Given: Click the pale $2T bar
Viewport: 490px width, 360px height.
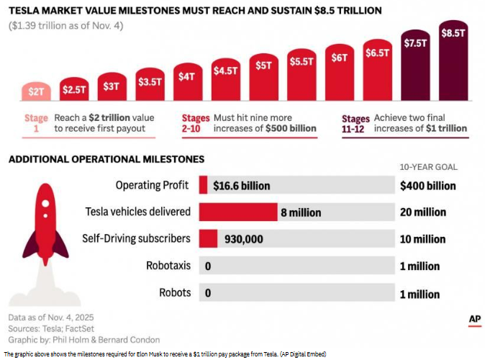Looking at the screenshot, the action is point(36,91).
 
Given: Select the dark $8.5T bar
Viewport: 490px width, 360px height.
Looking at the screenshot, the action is point(453,60).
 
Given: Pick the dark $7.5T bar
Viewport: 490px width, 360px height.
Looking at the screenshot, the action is point(415,65).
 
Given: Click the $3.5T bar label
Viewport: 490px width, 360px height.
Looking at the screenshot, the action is point(150,82).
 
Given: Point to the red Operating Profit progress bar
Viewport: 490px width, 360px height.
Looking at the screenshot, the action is point(203,185).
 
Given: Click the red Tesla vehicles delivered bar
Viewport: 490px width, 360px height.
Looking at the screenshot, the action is point(238,212).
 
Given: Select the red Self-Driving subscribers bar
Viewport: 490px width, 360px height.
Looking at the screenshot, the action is point(208,238).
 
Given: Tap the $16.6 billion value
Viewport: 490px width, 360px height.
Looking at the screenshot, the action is point(242,186).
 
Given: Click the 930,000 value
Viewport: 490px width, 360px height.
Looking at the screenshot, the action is point(244,239).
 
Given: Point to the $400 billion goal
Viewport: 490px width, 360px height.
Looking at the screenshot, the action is point(428,186).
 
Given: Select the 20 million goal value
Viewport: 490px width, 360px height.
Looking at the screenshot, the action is point(423,212).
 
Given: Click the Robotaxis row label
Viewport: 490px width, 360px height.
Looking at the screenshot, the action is point(168,266).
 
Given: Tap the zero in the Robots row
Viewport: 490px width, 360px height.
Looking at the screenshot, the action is point(208,293).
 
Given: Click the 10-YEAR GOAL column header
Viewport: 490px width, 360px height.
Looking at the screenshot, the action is point(429,167).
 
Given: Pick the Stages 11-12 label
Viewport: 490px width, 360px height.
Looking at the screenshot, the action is point(355,124).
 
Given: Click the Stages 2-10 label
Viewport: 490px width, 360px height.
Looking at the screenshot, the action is point(196,123).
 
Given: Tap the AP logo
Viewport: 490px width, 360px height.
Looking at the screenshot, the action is point(475,320).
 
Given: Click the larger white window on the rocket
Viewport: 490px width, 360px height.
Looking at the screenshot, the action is point(45,204).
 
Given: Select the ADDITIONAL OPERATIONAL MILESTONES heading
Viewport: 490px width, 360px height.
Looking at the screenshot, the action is point(106,159).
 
